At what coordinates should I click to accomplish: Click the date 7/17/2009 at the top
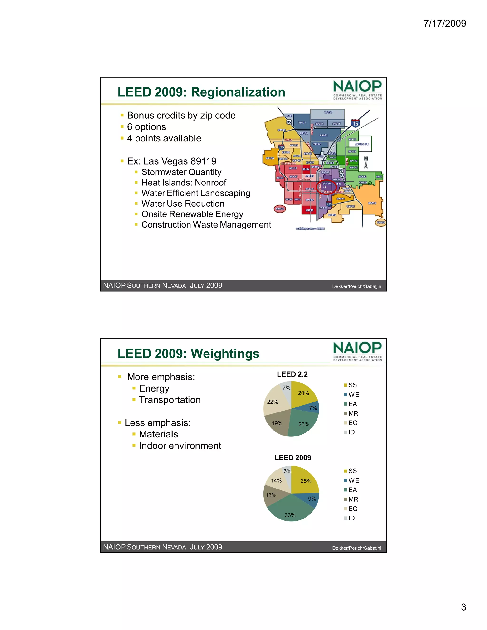[x=445, y=23]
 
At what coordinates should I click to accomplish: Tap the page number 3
[x=463, y=607]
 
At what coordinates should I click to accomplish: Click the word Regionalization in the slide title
[x=238, y=92]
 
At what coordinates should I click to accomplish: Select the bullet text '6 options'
[x=146, y=127]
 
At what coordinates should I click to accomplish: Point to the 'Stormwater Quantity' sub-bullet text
[x=181, y=172]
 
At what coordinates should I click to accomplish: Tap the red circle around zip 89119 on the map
[x=326, y=187]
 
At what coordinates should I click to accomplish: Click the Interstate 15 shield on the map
[x=355, y=123]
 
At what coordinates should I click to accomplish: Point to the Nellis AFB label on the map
[x=361, y=144]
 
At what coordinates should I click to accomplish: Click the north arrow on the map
[x=366, y=163]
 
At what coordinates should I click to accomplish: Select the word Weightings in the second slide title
[x=225, y=354]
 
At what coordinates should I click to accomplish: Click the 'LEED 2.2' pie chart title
[x=292, y=374]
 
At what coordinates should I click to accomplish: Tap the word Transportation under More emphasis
[x=170, y=400]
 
